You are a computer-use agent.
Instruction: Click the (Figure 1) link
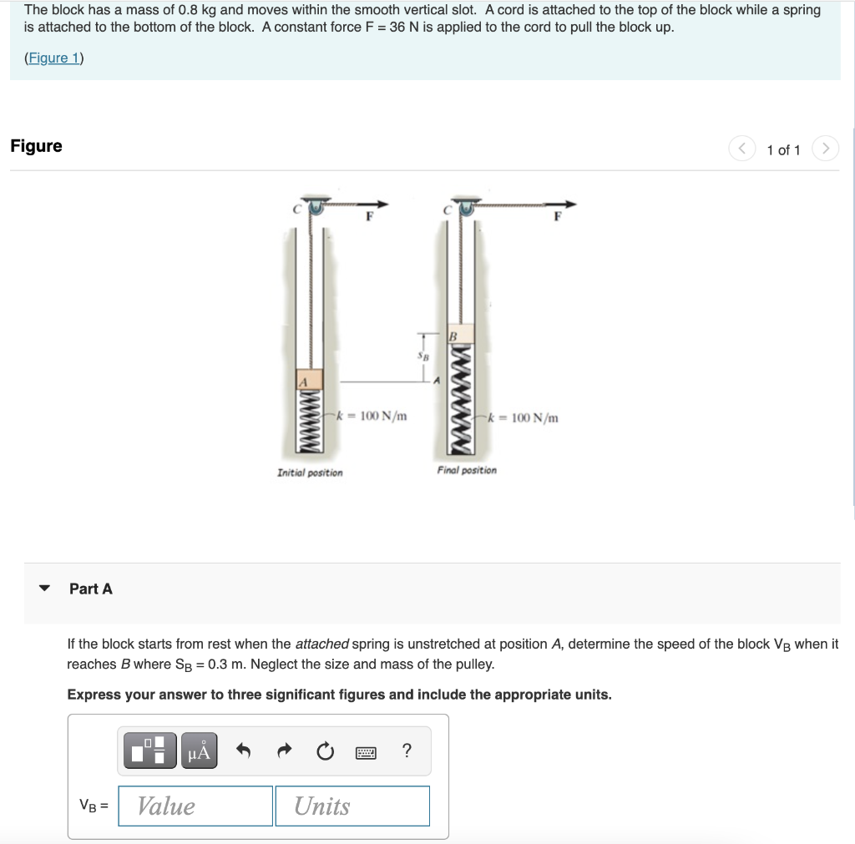click(54, 58)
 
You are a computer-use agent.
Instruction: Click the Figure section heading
click(36, 146)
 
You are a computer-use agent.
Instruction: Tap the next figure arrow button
click(825, 149)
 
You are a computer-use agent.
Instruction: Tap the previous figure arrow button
click(742, 149)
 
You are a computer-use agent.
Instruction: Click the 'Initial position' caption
click(309, 473)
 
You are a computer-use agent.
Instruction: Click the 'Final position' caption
click(466, 470)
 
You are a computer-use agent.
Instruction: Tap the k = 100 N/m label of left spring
click(372, 415)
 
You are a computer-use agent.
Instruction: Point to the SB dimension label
click(423, 356)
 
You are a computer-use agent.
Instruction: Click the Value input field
click(195, 806)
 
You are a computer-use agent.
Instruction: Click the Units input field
click(352, 806)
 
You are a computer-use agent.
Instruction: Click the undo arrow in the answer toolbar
click(244, 751)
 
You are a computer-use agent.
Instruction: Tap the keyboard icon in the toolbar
click(365, 751)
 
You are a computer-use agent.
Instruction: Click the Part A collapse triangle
click(46, 589)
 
